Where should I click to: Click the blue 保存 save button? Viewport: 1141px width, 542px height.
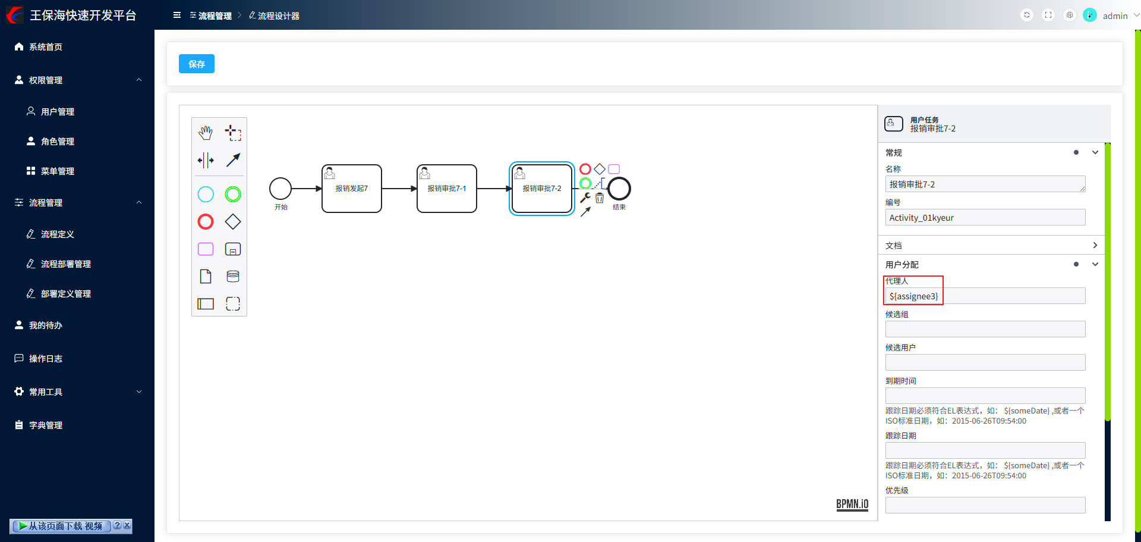[196, 64]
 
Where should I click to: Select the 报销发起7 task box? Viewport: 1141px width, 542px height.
[351, 189]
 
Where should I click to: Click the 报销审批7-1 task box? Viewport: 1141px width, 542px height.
[446, 189]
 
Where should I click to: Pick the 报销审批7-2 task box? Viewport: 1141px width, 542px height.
[541, 189]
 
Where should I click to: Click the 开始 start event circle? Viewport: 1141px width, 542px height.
[280, 189]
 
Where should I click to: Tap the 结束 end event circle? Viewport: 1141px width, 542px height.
[619, 189]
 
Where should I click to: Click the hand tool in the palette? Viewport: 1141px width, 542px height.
[206, 133]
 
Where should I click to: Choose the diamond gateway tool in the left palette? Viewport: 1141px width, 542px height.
[233, 222]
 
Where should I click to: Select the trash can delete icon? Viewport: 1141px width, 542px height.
[600, 198]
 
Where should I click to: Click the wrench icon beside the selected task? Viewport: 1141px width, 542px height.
[585, 198]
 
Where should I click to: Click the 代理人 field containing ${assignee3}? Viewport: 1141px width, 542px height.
[985, 296]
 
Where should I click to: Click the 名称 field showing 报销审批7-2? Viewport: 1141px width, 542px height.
[985, 184]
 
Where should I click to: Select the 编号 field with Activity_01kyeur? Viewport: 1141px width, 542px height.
[985, 218]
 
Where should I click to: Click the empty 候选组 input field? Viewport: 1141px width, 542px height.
[985, 329]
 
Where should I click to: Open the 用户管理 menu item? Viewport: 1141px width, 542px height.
[58, 112]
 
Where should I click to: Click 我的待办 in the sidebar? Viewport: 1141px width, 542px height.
[46, 325]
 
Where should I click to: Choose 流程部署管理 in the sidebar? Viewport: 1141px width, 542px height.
[65, 264]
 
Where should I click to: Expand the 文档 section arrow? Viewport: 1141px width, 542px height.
[1095, 245]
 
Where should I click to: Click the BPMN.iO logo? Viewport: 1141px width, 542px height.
[852, 505]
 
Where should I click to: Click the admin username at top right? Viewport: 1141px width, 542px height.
[1115, 16]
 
